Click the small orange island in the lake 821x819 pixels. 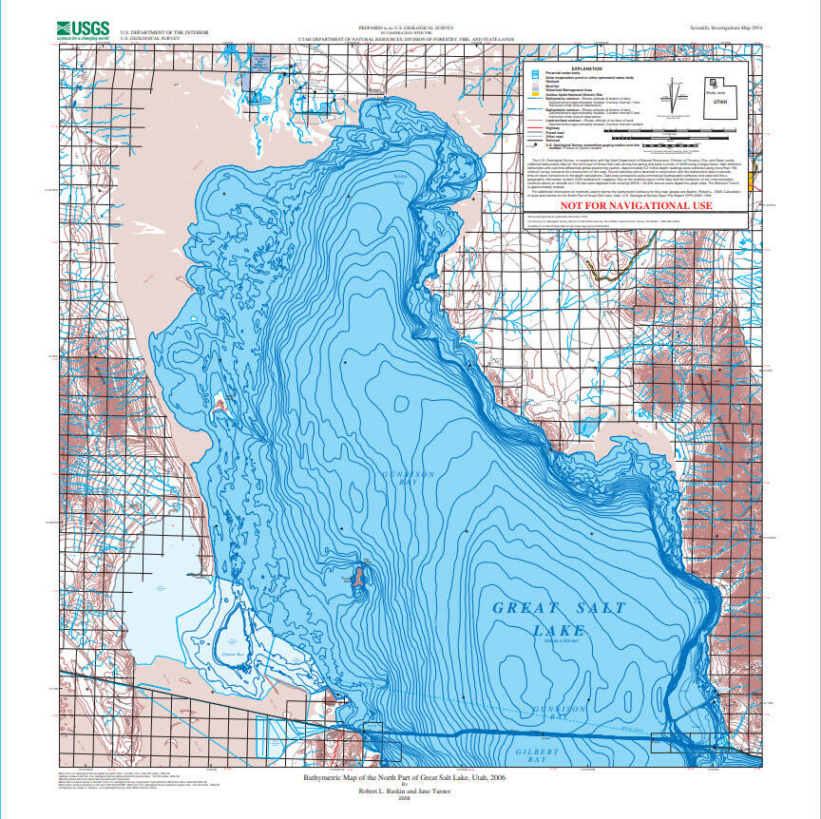coord(359,575)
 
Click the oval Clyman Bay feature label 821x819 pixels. coord(233,655)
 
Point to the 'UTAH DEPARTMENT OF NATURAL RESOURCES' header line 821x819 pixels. coord(407,41)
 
